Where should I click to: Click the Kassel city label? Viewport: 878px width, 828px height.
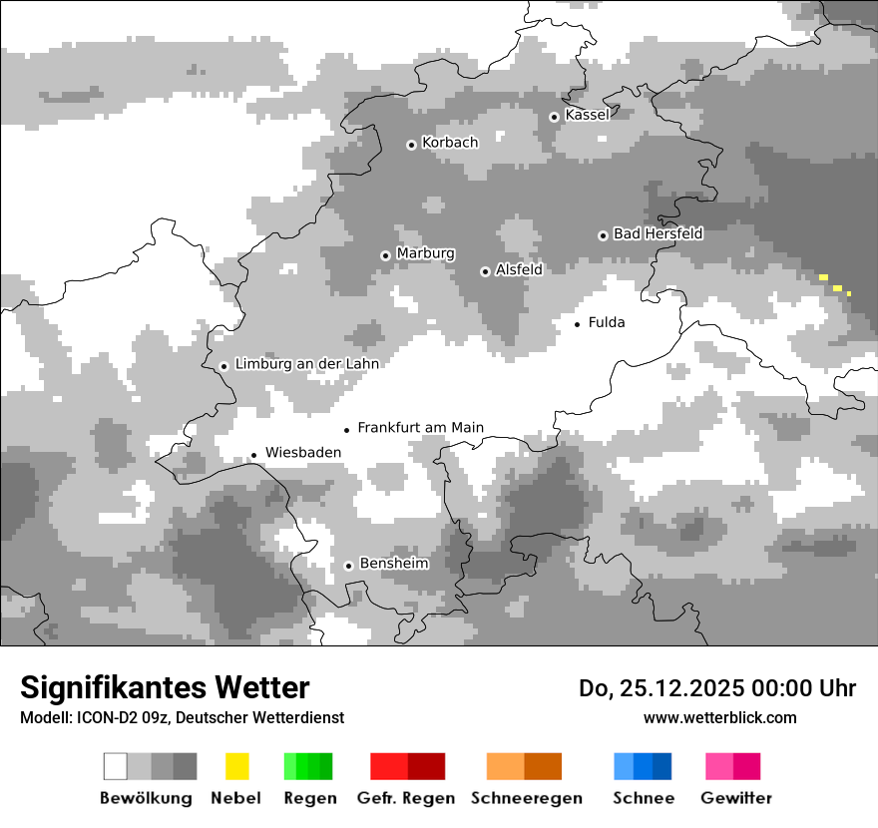click(x=587, y=115)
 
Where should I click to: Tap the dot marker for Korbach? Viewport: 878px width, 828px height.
click(x=411, y=145)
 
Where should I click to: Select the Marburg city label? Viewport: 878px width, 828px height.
click(x=425, y=253)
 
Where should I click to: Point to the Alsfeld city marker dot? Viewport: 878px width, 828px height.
click(x=485, y=271)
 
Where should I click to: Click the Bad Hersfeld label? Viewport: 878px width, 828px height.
click(x=658, y=233)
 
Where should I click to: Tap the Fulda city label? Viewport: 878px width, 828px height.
click(x=607, y=322)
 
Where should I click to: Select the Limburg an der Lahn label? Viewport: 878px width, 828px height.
click(x=306, y=364)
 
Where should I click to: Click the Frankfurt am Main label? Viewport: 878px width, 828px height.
click(x=420, y=428)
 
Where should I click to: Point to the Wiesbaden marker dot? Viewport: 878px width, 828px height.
click(x=253, y=455)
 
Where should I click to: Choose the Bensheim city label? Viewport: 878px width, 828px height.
click(x=393, y=564)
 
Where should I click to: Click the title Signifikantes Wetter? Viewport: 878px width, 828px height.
click(x=165, y=688)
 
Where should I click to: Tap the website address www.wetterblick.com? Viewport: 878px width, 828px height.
click(x=719, y=717)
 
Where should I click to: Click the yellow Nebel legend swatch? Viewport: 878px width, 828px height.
click(x=236, y=766)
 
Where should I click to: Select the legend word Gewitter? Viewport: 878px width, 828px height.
click(x=735, y=798)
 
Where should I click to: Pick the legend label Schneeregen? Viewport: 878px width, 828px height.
click(x=526, y=798)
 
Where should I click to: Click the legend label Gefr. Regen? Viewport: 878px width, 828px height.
click(x=405, y=798)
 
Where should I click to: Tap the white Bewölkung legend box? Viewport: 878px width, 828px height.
click(x=116, y=766)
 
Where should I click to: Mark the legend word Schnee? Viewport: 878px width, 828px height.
click(x=643, y=798)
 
